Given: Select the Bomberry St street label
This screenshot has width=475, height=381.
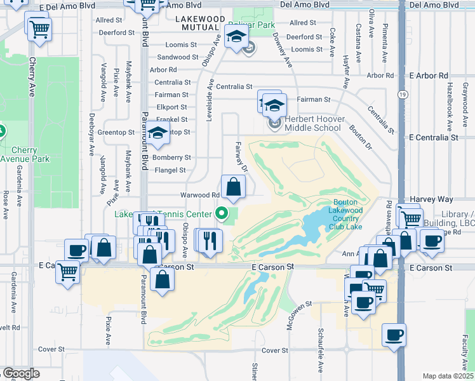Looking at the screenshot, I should pos(172,157).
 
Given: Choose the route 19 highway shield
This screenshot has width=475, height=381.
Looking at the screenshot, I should pos(403,94).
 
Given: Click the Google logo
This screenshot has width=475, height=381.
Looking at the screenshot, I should pos(21,373).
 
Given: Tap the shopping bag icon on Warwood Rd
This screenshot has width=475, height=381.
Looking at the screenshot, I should pos(233,187).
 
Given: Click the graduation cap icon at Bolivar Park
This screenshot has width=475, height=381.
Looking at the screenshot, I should pos(236,37).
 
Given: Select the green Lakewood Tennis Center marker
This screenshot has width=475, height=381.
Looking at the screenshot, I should pos(222,213).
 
